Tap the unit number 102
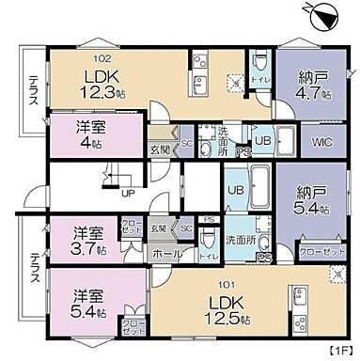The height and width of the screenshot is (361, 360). click(x=97, y=39)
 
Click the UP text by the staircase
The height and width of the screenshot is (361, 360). click(x=128, y=195)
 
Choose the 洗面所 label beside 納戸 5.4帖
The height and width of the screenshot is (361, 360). click(x=242, y=241)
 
